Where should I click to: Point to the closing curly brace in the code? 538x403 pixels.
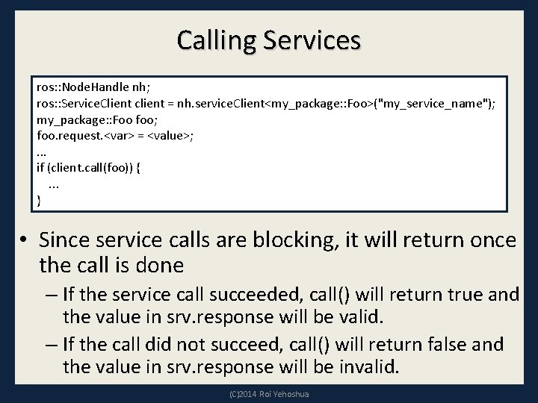(x=39, y=200)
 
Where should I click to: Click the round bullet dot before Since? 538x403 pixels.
(x=26, y=240)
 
